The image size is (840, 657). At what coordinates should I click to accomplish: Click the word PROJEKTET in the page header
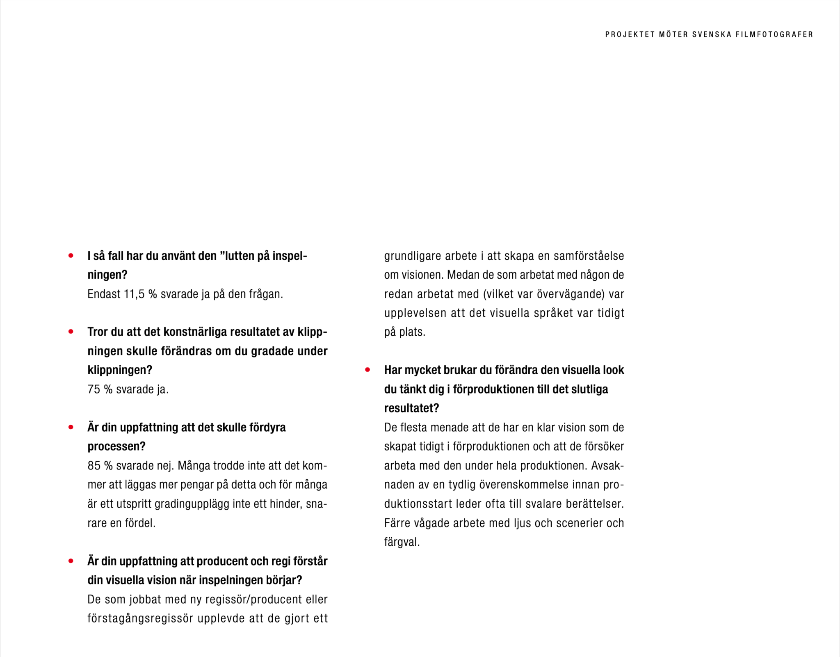click(630, 34)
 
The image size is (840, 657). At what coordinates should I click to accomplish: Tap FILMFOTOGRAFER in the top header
click(774, 34)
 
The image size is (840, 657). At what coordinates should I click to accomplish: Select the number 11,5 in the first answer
click(134, 294)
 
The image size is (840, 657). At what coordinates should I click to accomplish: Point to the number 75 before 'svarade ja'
click(94, 389)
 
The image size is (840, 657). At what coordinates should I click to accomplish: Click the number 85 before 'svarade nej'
click(94, 466)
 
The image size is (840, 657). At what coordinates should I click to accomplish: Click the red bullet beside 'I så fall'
click(71, 256)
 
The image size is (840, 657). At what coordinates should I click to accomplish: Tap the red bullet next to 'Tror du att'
click(71, 332)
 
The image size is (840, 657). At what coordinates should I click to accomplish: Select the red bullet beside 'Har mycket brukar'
click(367, 370)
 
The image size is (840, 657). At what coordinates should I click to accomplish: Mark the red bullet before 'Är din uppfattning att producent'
click(71, 561)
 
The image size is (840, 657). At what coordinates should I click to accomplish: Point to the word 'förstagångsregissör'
click(140, 618)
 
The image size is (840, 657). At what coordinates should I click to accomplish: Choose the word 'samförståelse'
click(589, 256)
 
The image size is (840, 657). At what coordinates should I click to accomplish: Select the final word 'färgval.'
click(402, 542)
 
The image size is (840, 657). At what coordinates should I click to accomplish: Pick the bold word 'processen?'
click(116, 446)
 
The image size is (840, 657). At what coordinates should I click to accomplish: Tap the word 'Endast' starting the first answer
click(104, 294)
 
